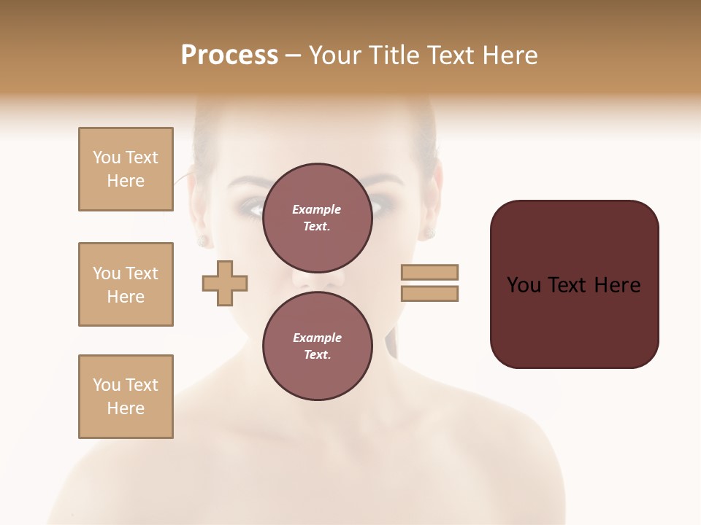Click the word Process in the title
(229, 55)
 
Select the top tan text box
(126, 169)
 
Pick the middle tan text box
(126, 284)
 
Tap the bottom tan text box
(126, 397)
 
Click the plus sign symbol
(225, 283)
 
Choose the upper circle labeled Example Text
(317, 218)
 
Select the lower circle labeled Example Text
(317, 346)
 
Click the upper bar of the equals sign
(429, 272)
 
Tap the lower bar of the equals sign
(429, 293)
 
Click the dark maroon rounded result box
(574, 284)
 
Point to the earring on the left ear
(202, 240)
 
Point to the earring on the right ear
(430, 233)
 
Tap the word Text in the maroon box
(567, 285)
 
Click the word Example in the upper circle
(317, 210)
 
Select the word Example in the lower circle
(317, 338)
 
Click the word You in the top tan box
(107, 157)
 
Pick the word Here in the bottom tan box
(126, 408)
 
